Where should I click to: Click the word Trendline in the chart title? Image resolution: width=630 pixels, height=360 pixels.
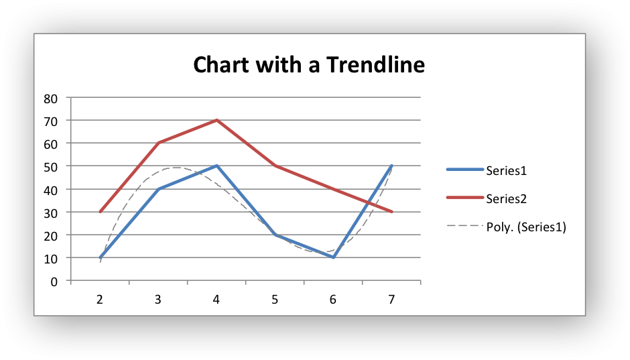pos(375,64)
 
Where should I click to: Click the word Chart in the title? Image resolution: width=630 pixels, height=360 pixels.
pos(220,64)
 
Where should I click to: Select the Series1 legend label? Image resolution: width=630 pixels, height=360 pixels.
pos(506,171)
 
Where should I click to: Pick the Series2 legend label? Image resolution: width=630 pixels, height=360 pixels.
pos(506,199)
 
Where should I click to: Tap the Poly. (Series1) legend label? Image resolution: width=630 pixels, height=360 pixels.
pos(526,227)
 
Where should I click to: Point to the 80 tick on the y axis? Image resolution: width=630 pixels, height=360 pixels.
pos(51,99)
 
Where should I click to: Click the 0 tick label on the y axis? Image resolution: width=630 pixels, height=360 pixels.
pos(54,282)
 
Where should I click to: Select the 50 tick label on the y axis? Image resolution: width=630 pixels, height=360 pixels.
pos(51,168)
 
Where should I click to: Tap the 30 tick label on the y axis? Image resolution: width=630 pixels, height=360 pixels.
pos(51,213)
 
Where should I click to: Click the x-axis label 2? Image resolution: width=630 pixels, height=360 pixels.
pos(100,300)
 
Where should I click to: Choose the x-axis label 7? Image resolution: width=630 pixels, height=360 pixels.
pos(392,300)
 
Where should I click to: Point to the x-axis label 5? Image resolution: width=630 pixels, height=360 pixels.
pos(275,300)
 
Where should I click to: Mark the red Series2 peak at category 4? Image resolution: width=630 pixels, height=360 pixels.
pos(216,120)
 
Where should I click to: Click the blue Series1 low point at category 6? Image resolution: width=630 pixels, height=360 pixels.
pos(334,257)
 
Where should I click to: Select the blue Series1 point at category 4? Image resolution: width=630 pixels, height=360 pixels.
pos(216,166)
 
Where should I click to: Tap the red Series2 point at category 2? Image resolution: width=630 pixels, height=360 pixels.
pos(100,212)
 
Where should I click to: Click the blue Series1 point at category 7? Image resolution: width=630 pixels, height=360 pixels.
pos(392,166)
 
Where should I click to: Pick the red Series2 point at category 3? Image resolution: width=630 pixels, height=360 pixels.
pos(159,143)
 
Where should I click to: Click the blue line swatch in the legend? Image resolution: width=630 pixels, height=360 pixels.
pos(465,170)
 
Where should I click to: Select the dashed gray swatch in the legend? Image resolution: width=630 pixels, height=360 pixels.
pos(465,226)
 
